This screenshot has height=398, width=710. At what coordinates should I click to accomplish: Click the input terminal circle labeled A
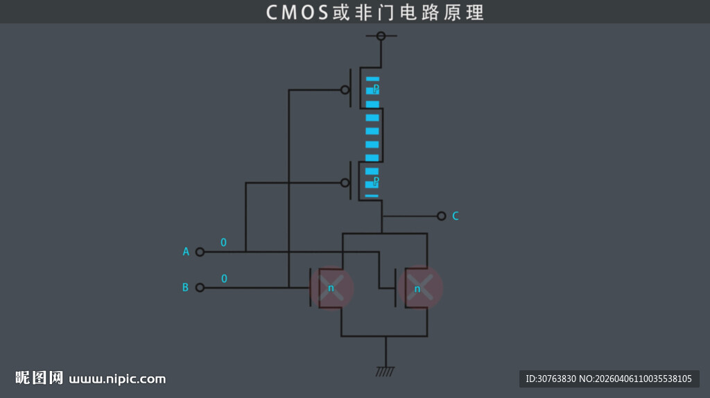coord(200,252)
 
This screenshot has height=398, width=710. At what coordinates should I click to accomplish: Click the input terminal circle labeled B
coord(200,287)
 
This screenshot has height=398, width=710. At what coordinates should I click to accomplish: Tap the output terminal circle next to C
coord(441,216)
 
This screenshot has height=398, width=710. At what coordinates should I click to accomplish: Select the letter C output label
coord(456,216)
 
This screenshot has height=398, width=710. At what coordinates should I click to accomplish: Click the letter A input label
coord(186,252)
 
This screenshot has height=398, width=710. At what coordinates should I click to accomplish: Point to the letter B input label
coord(185,287)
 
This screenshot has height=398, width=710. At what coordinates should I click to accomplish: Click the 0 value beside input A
coord(223,243)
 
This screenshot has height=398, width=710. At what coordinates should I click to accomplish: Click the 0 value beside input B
coord(224,278)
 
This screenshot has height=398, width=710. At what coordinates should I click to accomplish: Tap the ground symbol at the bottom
coord(385,371)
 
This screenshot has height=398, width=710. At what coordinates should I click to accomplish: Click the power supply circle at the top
coord(381,35)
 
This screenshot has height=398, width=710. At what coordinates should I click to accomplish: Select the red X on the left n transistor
coord(332,287)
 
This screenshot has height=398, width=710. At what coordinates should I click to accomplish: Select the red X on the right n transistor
coord(420,287)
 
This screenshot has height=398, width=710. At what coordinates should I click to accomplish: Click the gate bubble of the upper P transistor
coord(345,89)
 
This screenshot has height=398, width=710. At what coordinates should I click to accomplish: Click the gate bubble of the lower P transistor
coord(345,182)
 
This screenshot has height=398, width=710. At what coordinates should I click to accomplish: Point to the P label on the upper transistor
coord(376,89)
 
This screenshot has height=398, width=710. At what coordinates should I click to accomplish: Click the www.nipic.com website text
coord(118,379)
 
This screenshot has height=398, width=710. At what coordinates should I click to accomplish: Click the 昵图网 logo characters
coord(40,378)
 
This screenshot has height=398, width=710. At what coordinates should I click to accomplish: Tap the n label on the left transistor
coord(331,288)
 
